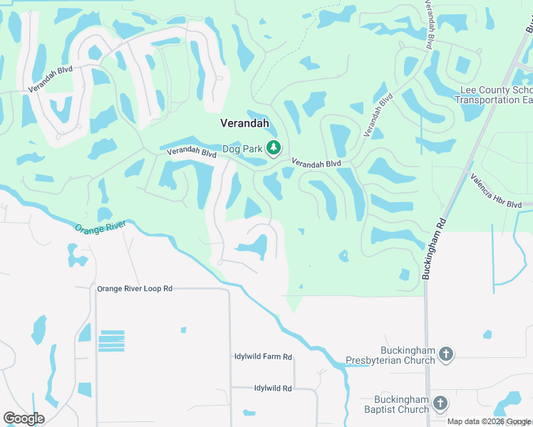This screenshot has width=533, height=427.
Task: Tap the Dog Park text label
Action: (x=242, y=149)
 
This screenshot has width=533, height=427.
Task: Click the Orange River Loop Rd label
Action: (x=135, y=289)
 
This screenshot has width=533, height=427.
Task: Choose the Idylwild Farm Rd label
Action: (x=263, y=357)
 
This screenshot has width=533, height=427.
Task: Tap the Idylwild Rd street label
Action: (x=273, y=388)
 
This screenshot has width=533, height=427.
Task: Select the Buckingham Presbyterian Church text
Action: (x=390, y=355)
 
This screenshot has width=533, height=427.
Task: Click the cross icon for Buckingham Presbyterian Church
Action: (x=446, y=354)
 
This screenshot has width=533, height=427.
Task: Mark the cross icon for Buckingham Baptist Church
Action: (x=440, y=404)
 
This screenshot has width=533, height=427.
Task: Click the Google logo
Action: (x=24, y=418)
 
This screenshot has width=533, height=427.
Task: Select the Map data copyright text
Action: (x=489, y=421)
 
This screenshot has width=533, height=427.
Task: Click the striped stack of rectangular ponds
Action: (x=111, y=342)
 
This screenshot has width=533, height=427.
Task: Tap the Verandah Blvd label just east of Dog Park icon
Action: (x=316, y=163)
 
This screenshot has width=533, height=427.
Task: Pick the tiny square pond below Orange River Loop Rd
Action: (x=183, y=330)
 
